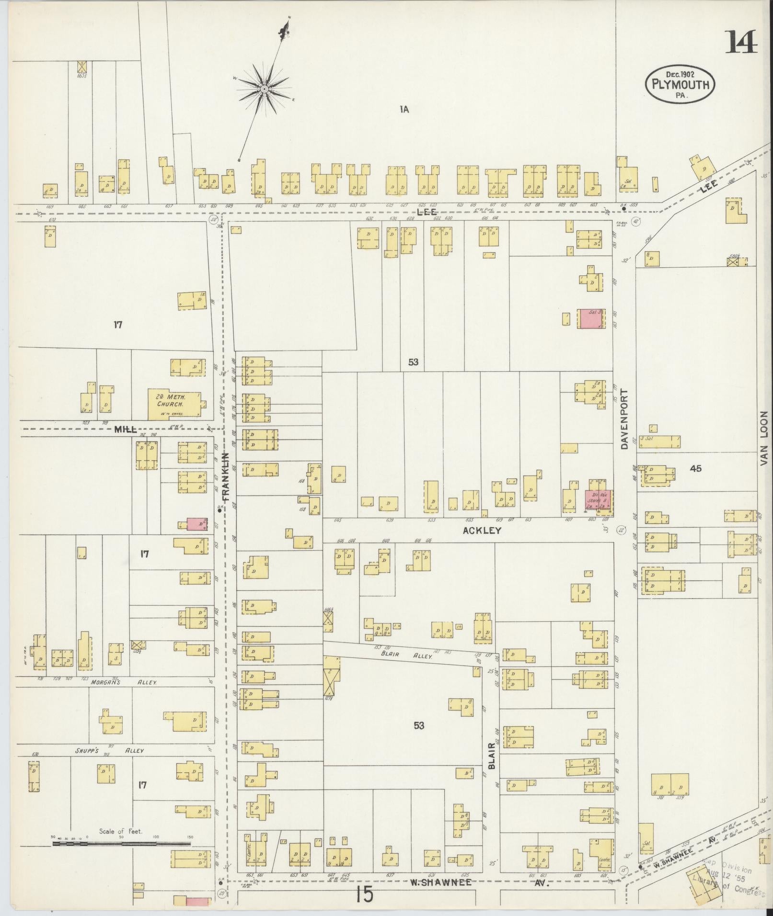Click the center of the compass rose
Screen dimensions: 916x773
(x=264, y=89)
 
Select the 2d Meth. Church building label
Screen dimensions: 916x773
(x=171, y=400)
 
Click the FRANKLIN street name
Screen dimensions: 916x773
(x=227, y=477)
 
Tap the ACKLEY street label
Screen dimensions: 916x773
(x=482, y=531)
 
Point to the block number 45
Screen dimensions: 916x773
(x=695, y=468)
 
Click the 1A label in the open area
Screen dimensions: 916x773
(x=404, y=110)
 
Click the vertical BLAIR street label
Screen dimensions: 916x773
(x=491, y=769)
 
